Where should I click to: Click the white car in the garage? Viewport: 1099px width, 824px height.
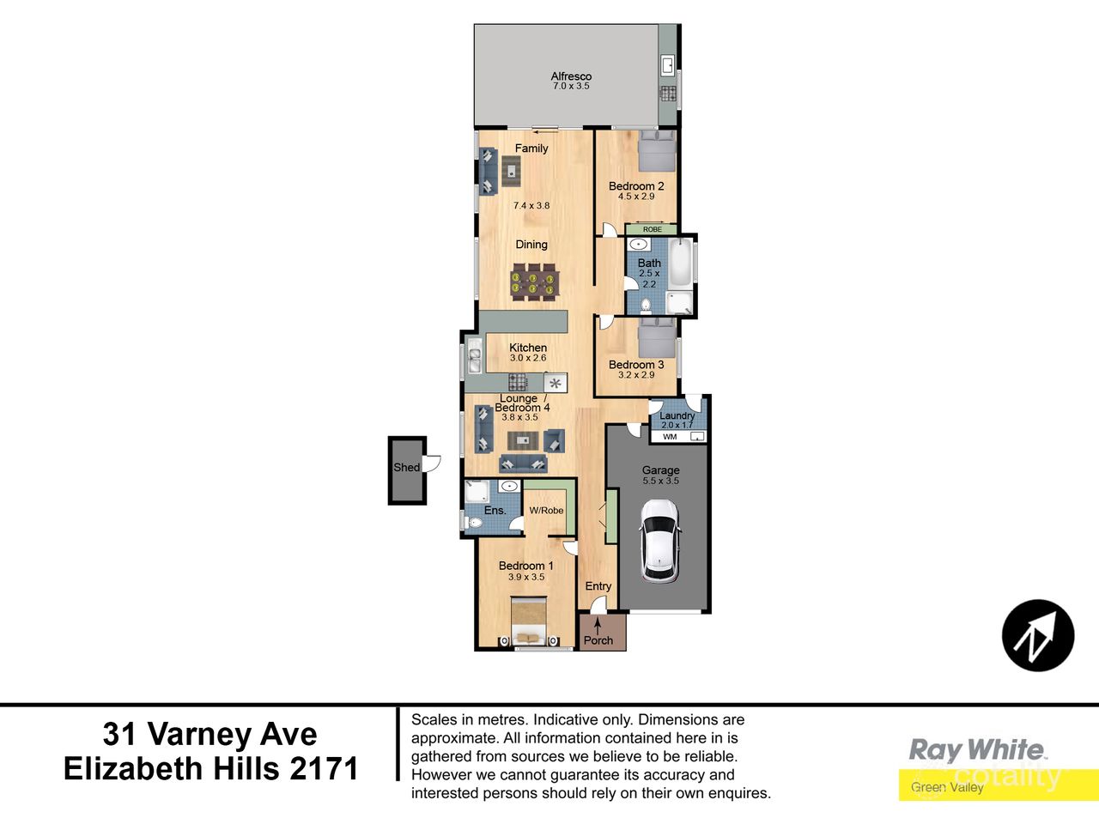coord(661,540)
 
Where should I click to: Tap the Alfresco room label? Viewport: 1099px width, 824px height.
coord(571,76)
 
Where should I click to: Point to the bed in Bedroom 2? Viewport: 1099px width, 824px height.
coord(658,152)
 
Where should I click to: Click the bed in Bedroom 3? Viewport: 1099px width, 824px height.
coord(658,337)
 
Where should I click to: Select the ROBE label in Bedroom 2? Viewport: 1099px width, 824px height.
coord(653,229)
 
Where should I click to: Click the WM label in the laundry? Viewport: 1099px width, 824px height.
coord(670,437)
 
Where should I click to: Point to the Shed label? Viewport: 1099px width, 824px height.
coord(406,468)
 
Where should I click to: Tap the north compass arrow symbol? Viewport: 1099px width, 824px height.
coord(1037,636)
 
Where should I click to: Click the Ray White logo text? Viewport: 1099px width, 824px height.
coord(977,750)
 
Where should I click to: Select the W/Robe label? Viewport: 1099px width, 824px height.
coord(546,511)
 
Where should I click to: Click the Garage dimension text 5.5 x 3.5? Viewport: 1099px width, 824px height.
coord(660,482)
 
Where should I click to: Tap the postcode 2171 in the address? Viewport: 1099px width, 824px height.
coord(324,768)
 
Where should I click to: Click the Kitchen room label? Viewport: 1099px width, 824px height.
coord(528,348)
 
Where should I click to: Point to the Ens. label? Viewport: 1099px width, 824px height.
coord(495,511)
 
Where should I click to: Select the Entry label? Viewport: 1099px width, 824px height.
coord(598,586)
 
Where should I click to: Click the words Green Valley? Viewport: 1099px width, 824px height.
coord(947,787)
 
